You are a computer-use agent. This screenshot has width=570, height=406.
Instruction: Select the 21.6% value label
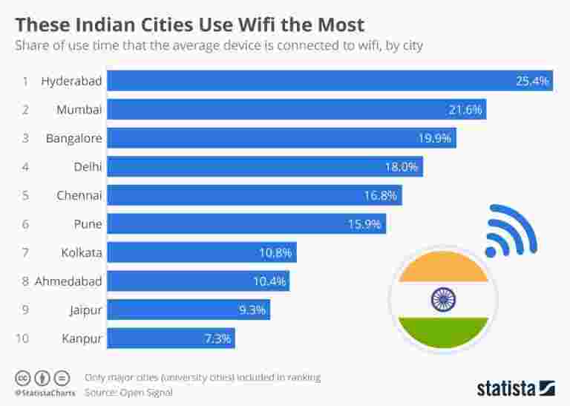point(465,109)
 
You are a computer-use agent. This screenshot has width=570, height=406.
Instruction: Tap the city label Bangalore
point(73,138)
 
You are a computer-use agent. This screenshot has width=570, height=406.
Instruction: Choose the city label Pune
point(88,223)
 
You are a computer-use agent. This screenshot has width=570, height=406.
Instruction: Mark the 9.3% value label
point(252,310)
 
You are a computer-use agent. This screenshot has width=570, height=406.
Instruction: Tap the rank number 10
point(22,338)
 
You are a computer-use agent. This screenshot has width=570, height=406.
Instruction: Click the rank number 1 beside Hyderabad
point(24,80)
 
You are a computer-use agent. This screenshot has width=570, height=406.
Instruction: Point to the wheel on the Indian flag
point(443,299)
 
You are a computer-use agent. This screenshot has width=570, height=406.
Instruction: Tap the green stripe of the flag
point(443,330)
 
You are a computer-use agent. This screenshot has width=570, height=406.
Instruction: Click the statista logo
point(515,387)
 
